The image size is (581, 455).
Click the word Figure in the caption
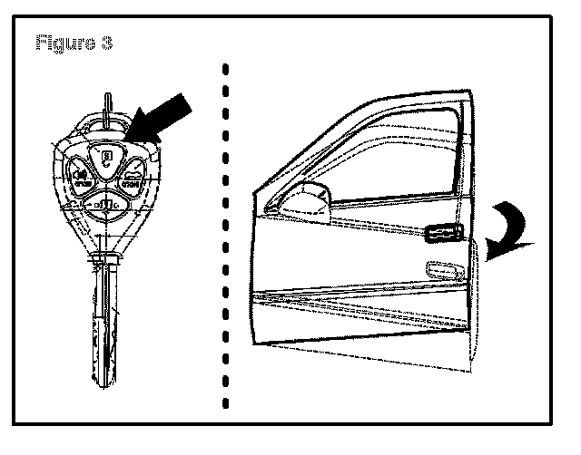point(62,43)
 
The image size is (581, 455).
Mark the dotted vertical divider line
point(225,236)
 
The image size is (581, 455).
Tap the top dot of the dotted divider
point(225,67)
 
